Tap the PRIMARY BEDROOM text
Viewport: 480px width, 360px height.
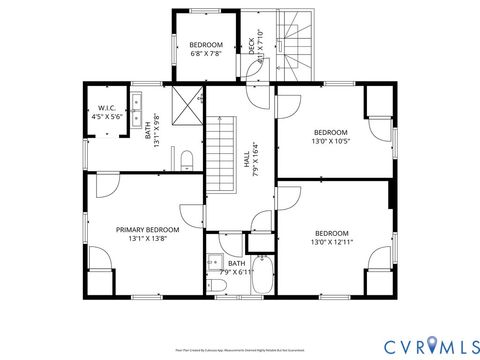click(x=154, y=229)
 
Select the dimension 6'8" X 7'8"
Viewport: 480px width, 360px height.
click(x=206, y=54)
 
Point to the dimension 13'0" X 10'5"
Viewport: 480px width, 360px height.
click(x=330, y=142)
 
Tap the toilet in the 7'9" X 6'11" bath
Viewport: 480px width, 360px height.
click(x=221, y=286)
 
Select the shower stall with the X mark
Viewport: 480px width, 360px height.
click(x=187, y=103)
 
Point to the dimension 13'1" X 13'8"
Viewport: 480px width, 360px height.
click(x=154, y=239)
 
